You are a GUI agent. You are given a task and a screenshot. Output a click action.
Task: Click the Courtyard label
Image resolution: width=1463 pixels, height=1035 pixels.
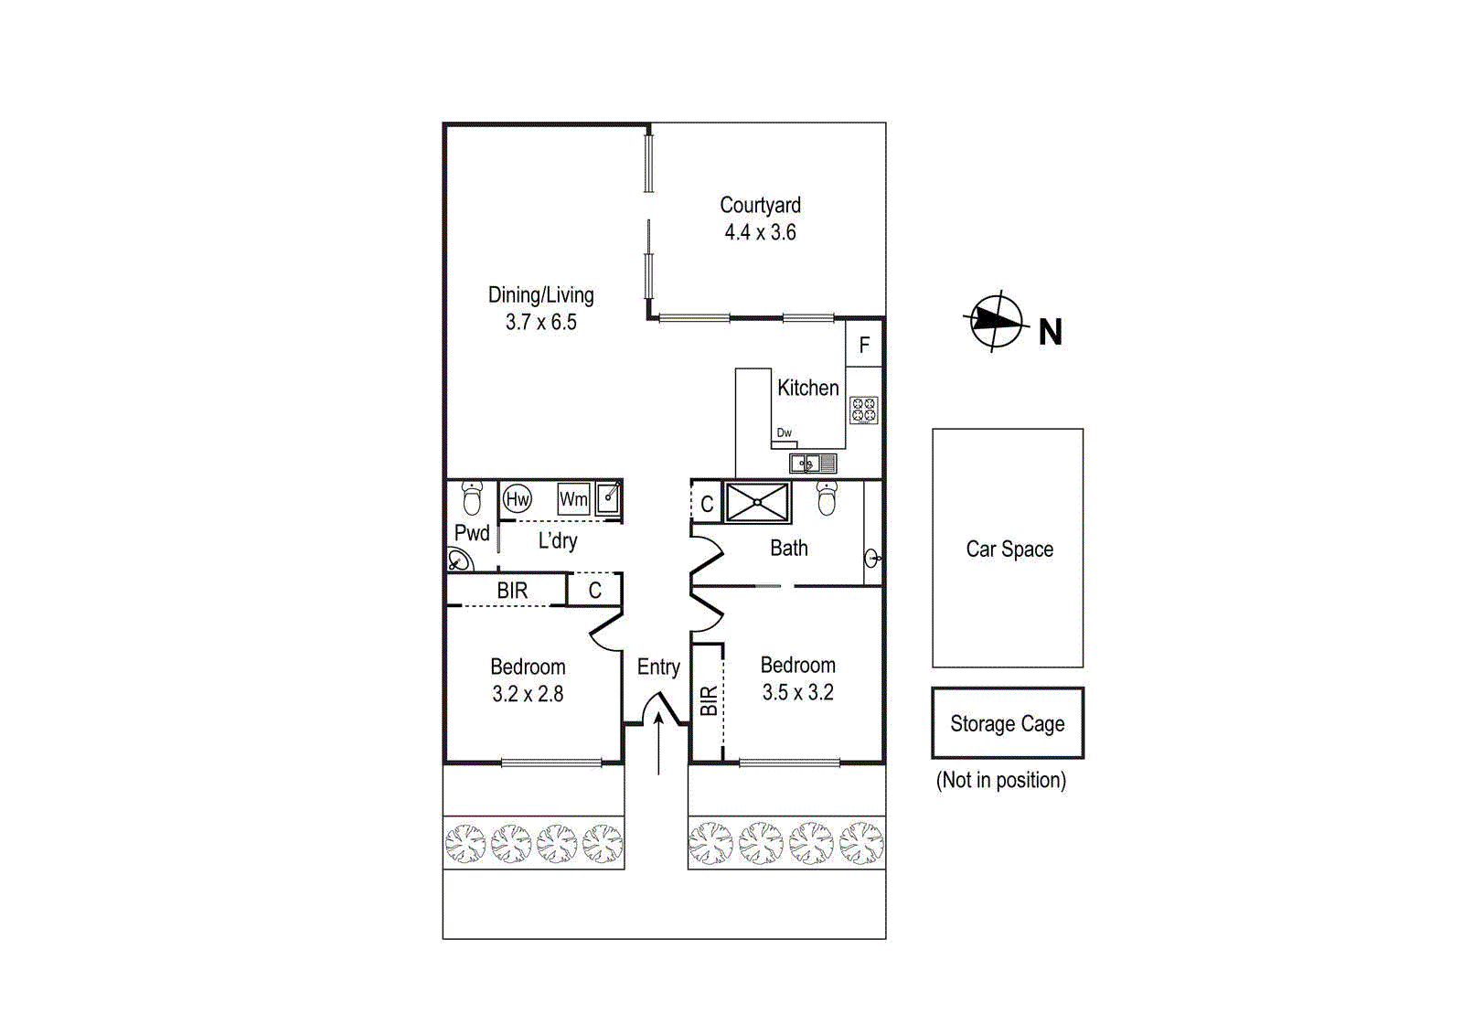point(760,205)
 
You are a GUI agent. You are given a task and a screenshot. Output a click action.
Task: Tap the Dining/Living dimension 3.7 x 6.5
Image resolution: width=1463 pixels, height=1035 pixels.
point(540,322)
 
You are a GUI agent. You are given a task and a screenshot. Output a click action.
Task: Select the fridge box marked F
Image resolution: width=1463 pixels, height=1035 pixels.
point(864,345)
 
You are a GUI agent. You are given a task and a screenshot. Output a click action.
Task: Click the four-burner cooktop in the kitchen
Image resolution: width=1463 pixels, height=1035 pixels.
point(864,410)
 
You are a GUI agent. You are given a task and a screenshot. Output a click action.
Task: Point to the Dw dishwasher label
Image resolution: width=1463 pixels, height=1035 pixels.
point(784,432)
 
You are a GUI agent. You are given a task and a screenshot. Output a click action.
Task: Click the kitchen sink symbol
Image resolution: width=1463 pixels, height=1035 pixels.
point(812,464)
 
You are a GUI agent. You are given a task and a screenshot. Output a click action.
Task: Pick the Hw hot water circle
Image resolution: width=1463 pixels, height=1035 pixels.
point(518,498)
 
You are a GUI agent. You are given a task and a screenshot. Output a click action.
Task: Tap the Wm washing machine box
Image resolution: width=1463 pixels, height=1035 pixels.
point(573,499)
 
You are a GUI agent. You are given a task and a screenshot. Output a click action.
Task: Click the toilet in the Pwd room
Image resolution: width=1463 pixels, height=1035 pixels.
point(472,497)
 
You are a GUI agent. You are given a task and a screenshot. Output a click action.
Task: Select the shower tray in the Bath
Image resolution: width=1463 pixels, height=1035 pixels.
point(756,503)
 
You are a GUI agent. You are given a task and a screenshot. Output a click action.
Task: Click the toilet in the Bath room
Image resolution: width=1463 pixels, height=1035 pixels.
point(827,498)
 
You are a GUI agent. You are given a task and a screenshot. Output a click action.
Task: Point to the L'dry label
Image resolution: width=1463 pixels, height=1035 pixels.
point(557,540)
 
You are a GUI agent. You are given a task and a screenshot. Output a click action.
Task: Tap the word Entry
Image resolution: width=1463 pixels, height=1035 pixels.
point(658,667)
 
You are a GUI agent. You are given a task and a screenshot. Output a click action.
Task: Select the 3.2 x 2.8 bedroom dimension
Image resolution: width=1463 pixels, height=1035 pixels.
point(528,694)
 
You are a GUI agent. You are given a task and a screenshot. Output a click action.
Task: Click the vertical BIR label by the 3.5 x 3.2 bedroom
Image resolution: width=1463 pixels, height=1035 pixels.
point(709,701)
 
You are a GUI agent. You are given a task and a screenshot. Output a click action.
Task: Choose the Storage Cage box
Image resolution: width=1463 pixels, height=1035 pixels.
point(1008,723)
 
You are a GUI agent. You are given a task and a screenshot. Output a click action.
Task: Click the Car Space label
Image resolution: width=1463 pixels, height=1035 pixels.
point(1009,549)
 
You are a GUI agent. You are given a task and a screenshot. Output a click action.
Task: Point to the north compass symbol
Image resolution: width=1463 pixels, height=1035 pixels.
point(996,321)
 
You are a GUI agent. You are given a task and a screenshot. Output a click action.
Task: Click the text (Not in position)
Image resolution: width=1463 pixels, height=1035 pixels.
point(1001,780)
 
